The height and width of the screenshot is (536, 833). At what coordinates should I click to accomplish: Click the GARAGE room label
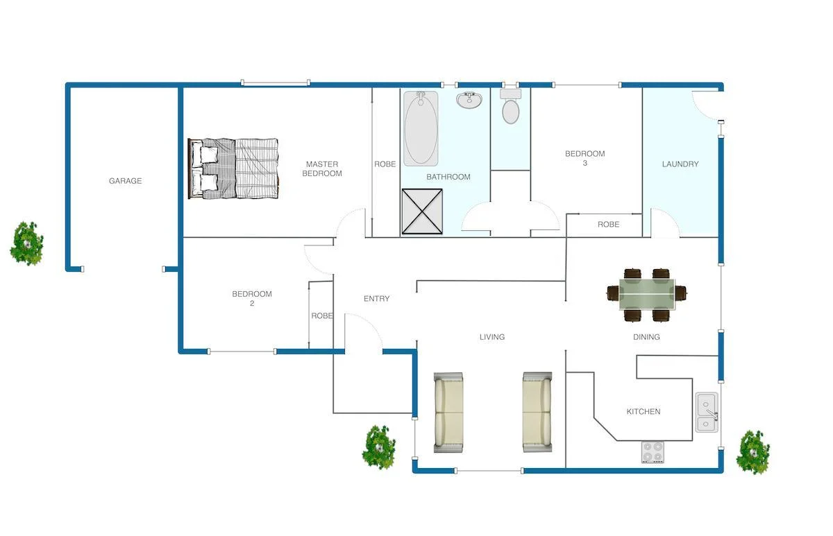[x=125, y=181]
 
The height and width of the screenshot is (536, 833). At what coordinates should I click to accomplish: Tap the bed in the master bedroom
[x=233, y=168]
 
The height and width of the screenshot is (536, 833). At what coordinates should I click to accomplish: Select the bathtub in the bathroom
[x=421, y=128]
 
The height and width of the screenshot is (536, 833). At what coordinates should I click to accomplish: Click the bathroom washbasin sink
[x=469, y=100]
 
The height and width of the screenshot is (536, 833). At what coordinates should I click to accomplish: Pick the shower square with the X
[x=423, y=212]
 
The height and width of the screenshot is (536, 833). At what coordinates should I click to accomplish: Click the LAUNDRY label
[x=680, y=164]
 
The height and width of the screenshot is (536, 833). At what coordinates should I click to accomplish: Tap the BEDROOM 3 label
[x=584, y=158]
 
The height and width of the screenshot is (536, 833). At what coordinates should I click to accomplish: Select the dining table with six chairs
[x=647, y=295]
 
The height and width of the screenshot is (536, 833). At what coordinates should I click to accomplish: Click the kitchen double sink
[x=707, y=413]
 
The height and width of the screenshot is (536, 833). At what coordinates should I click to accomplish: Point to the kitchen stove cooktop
[x=653, y=452]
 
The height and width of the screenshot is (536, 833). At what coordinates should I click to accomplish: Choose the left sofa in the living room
[x=448, y=413]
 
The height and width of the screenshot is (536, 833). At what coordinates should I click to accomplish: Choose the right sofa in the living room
[x=537, y=413]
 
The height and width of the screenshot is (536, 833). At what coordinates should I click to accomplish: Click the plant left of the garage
[x=27, y=243]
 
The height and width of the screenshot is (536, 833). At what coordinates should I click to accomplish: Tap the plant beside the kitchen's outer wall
[x=753, y=451]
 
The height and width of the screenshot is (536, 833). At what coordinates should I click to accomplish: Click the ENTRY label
[x=376, y=299]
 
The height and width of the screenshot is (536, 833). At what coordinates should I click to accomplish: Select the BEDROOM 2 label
[x=251, y=298]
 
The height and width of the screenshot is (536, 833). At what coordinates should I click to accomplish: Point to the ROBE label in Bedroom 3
[x=608, y=225]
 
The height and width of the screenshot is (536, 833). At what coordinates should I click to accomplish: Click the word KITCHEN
[x=643, y=412]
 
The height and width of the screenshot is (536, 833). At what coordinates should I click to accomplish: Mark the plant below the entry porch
[x=379, y=447]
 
